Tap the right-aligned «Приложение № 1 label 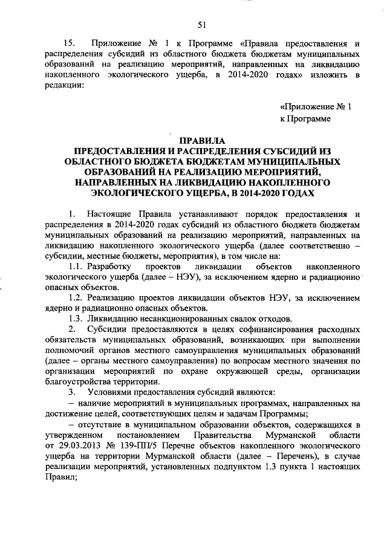pyautogui.click(x=316, y=106)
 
